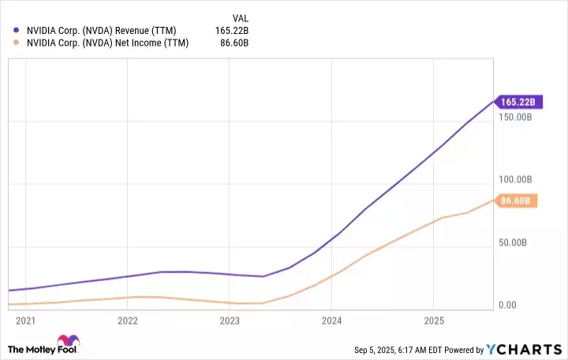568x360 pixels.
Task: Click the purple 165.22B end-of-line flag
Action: click(517, 102)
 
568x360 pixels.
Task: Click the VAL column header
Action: click(239, 17)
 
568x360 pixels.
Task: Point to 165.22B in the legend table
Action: click(232, 31)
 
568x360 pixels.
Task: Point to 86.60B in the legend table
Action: click(234, 43)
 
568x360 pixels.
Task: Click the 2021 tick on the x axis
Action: click(25, 321)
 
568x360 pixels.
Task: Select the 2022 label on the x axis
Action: click(128, 321)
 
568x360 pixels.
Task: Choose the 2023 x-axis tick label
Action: click(230, 321)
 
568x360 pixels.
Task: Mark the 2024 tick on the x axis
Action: click(332, 321)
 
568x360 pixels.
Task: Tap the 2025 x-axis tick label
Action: click(434, 321)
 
